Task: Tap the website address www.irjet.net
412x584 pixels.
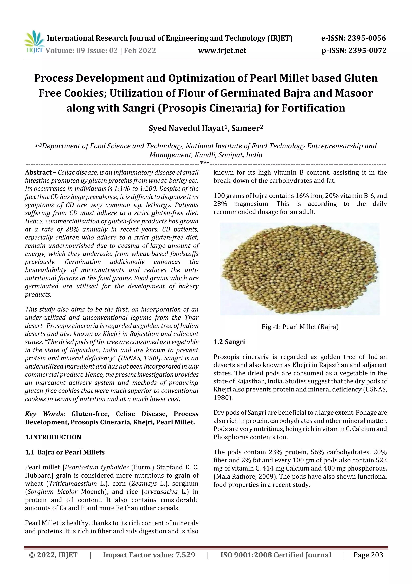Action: point(222,50)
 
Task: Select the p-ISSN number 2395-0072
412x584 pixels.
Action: point(367,50)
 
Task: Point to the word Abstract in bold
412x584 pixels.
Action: point(38,172)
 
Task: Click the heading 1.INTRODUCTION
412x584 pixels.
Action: point(53,437)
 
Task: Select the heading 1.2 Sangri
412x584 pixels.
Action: point(229,342)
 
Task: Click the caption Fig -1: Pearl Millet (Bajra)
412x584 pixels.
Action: point(300,327)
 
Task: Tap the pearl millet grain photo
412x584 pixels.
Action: point(300,269)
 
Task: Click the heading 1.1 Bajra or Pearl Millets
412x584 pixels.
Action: point(65,452)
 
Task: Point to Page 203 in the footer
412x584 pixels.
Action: point(368,555)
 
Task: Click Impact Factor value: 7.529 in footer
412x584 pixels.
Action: point(149,555)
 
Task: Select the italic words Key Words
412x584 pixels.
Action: point(44,414)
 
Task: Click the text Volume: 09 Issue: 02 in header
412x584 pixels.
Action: point(81,50)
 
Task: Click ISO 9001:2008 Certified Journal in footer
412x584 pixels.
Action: point(275,555)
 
